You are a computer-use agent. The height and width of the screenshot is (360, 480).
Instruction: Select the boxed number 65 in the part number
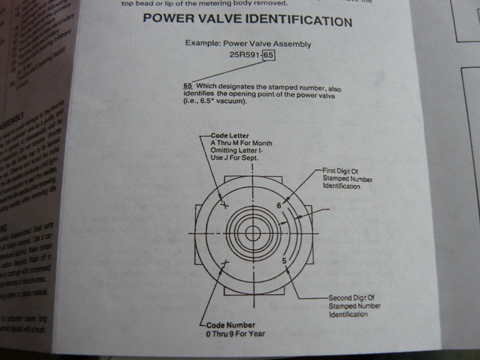(269, 56)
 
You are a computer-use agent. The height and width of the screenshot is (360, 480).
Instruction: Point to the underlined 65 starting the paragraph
(187, 86)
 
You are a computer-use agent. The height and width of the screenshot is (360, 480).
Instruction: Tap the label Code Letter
(230, 136)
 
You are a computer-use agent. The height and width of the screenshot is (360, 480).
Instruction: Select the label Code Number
(232, 325)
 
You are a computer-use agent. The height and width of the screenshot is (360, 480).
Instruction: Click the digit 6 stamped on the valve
(279, 205)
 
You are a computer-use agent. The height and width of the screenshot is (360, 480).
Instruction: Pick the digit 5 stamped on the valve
(284, 260)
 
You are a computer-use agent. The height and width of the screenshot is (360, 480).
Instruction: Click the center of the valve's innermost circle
(252, 233)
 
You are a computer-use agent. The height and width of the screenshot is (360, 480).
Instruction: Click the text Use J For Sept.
(234, 159)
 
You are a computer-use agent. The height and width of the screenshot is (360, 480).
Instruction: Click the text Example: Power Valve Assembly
(248, 44)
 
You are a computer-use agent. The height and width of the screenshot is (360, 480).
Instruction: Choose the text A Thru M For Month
(241, 143)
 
